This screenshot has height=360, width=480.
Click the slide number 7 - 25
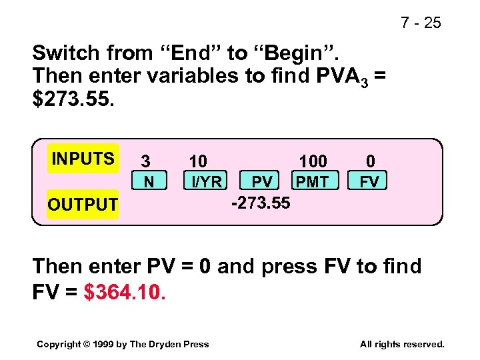pos(421,23)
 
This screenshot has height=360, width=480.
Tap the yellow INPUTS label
pos(83,159)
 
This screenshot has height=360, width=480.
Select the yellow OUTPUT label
pos(83,204)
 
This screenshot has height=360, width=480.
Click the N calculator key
pos(149,181)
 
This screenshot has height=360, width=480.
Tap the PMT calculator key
pos(312,181)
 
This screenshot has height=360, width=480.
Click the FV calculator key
pos(369,181)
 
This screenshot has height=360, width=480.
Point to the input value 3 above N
pos(145,161)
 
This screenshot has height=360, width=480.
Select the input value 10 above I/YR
pos(198,161)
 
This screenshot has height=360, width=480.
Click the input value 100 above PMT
pos(313,161)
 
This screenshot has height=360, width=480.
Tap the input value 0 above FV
pos(371,161)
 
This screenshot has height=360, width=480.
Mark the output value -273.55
pos(261,203)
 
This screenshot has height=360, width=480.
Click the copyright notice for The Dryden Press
pos(123,344)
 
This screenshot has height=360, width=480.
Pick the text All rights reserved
pos(401,344)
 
